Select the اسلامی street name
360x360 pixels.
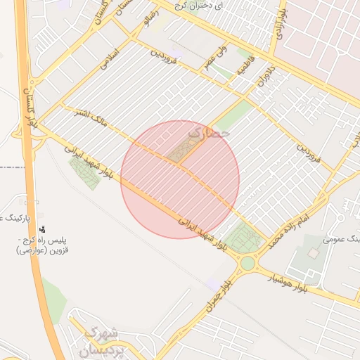coord(112,58)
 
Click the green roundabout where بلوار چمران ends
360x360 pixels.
coord(247,264)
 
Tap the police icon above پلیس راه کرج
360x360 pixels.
coord(43,229)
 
